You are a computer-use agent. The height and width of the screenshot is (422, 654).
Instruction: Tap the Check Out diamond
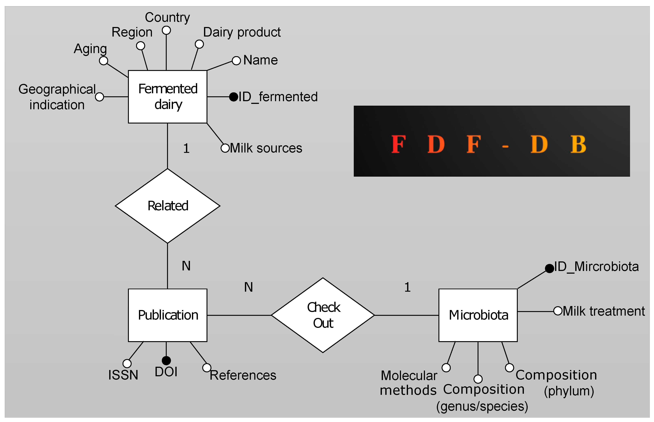point(323,315)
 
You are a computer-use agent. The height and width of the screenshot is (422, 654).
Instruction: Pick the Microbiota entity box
point(478,315)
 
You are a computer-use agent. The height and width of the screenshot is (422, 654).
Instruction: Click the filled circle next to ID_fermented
point(233,97)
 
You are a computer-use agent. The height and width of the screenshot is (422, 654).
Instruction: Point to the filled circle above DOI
point(166,360)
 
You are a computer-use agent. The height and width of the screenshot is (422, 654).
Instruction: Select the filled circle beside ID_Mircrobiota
point(549,268)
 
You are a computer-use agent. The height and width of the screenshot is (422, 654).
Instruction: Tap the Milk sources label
point(266,148)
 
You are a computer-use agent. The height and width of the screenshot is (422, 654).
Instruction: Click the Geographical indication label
point(57,97)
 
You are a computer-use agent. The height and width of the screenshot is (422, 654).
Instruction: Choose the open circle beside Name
point(236,60)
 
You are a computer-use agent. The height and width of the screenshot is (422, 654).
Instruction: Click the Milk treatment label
point(603,311)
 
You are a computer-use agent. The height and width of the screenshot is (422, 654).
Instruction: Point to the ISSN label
point(123,375)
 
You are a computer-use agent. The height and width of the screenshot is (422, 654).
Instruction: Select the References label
point(243,375)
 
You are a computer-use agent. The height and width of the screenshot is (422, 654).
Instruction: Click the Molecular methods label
point(408,383)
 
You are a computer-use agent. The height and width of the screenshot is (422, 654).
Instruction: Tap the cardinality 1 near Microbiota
point(407,287)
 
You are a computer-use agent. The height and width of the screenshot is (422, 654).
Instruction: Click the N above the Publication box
point(186,266)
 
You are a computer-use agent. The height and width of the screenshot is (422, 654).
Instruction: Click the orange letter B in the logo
point(578,144)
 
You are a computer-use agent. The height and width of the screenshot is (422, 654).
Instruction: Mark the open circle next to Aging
point(103,60)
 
